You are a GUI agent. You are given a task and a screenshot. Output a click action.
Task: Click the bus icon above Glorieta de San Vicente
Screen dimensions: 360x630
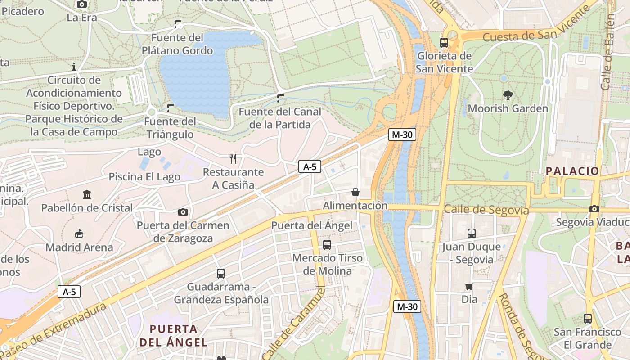tap(444, 43)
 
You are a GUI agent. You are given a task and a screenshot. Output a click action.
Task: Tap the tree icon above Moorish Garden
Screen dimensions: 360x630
tap(508, 95)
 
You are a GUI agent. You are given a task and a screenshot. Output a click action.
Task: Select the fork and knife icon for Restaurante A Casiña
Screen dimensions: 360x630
tap(233, 159)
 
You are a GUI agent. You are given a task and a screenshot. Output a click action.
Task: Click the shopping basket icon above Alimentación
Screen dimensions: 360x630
tap(355, 193)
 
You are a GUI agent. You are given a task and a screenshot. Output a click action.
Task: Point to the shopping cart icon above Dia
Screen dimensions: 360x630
tap(469, 286)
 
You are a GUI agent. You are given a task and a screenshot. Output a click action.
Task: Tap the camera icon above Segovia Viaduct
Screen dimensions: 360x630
tap(594, 209)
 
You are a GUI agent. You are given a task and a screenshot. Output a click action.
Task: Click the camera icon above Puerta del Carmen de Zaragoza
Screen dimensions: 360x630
tap(183, 212)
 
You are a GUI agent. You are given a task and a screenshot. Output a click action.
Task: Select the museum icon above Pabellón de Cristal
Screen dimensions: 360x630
tap(87, 195)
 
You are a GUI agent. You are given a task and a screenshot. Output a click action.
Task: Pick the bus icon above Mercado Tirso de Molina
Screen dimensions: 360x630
tap(327, 245)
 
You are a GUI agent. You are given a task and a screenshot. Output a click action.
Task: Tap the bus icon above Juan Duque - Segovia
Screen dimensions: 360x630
tap(471, 234)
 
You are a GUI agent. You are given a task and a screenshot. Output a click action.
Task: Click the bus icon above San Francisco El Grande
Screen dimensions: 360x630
tap(588, 319)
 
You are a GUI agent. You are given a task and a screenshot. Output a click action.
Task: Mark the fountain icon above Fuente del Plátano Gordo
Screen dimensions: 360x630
tap(178, 24)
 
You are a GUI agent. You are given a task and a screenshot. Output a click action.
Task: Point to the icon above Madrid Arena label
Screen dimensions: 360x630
tap(79, 234)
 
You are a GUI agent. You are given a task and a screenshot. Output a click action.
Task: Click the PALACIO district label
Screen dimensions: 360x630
tap(572, 171)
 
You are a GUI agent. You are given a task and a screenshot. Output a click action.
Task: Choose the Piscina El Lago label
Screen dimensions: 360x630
tap(144, 177)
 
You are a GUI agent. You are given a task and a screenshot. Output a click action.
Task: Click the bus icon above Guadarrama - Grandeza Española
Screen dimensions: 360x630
tap(221, 273)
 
